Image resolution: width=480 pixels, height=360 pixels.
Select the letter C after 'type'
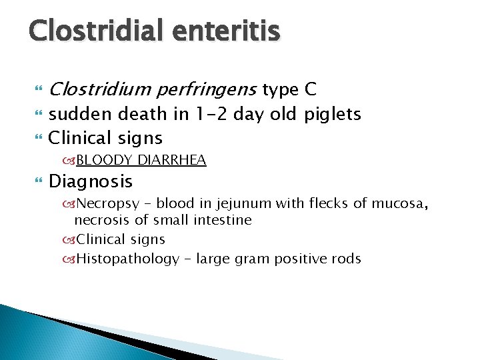[311, 89]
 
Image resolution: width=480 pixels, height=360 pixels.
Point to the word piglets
[332, 114]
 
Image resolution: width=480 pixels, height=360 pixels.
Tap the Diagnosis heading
[91, 181]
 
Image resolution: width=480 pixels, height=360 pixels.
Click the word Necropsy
[105, 203]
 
